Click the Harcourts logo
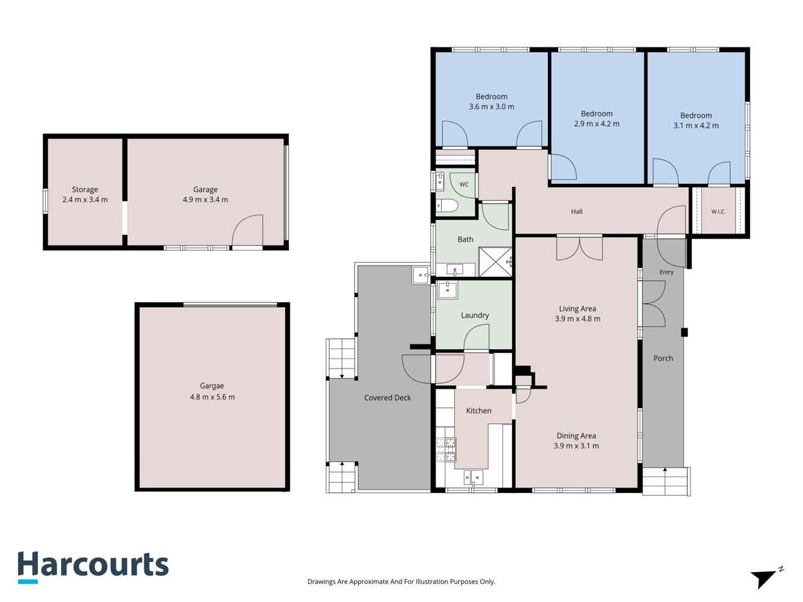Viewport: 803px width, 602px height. pos(93,567)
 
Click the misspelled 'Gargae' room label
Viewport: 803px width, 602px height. pos(212,386)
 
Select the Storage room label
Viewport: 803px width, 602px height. pos(85,189)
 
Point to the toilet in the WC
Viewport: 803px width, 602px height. pos(447,206)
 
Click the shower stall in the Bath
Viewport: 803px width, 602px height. pos(495,262)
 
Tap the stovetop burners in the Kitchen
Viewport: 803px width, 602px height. pos(446,449)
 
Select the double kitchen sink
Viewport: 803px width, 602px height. pos(473,478)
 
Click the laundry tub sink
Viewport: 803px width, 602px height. pos(447,290)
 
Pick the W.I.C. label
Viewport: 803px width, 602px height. pos(719,211)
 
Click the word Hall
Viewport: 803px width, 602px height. pos(577,211)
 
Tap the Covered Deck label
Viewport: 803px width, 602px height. pos(387,398)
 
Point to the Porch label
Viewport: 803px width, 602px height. pos(663,359)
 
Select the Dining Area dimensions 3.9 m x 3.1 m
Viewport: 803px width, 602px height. pos(576,445)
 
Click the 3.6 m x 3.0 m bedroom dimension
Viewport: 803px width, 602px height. pos(491,107)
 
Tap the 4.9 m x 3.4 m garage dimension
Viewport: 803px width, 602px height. pos(205,199)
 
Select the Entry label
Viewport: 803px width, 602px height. pos(666,272)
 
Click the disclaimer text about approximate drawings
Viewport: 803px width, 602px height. pos(401,581)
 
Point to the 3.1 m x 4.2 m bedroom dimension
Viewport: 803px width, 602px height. pos(696,125)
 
